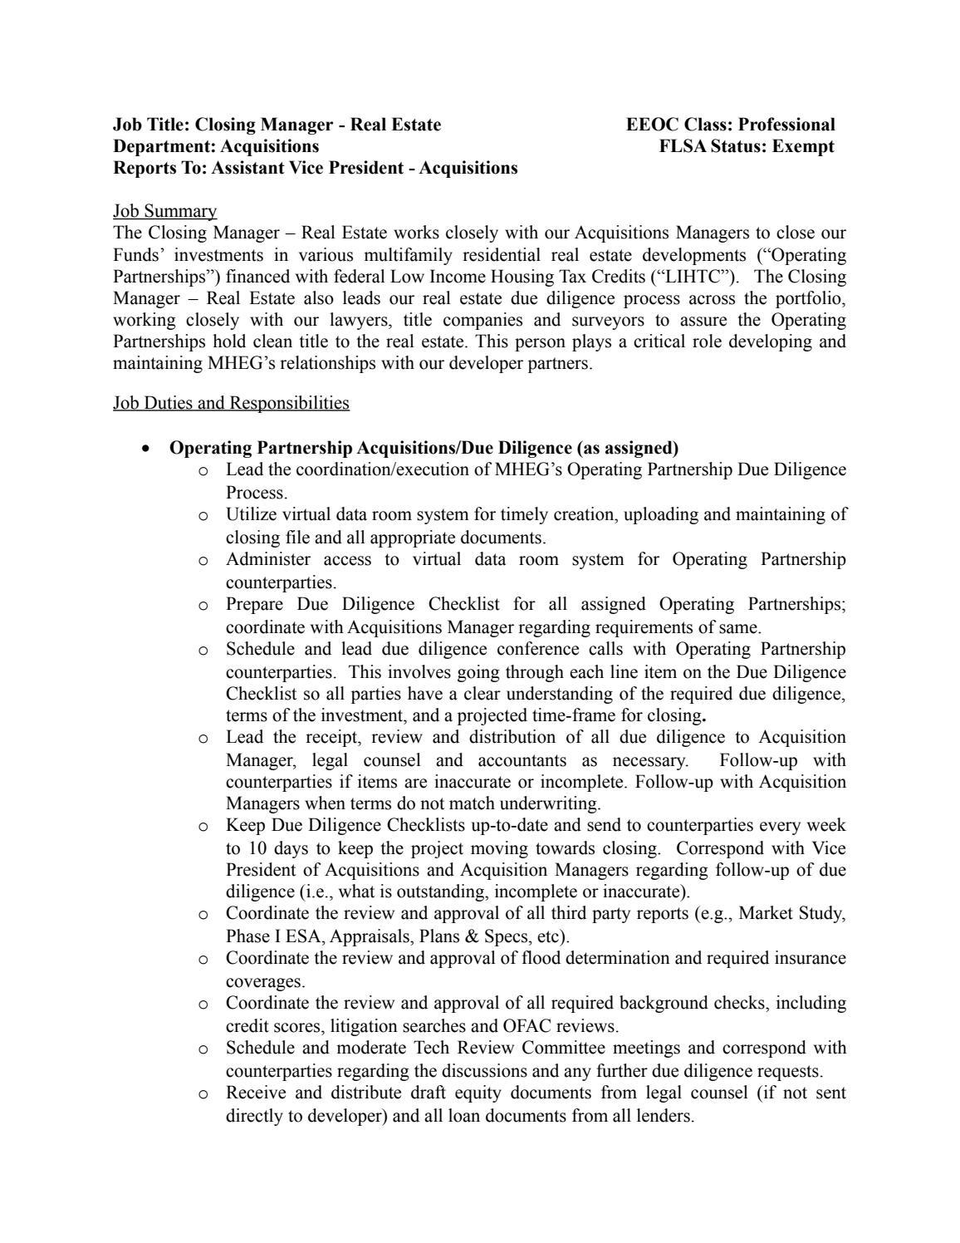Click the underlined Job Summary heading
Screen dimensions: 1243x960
164,211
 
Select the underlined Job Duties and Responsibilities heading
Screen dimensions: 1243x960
231,403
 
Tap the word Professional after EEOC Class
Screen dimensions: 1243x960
786,125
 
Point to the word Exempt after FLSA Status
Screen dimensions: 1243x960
803,146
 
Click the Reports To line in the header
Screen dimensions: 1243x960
315,168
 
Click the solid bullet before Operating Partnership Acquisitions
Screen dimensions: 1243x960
146,449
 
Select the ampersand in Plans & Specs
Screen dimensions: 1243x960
470,936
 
